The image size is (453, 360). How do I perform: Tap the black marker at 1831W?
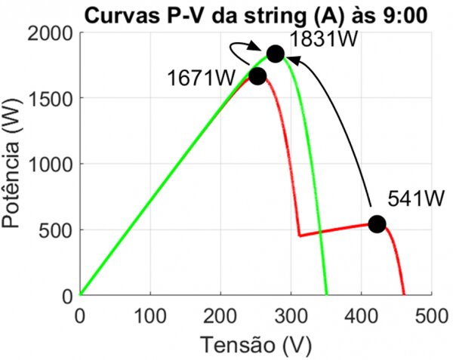275,54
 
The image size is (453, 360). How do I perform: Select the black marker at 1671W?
257,76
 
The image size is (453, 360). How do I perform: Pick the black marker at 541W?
377,224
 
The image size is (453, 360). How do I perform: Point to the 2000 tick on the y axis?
50,34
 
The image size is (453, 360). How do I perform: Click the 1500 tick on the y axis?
50,99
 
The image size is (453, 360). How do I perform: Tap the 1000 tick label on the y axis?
50,165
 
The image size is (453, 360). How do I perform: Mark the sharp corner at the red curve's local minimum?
299,235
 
